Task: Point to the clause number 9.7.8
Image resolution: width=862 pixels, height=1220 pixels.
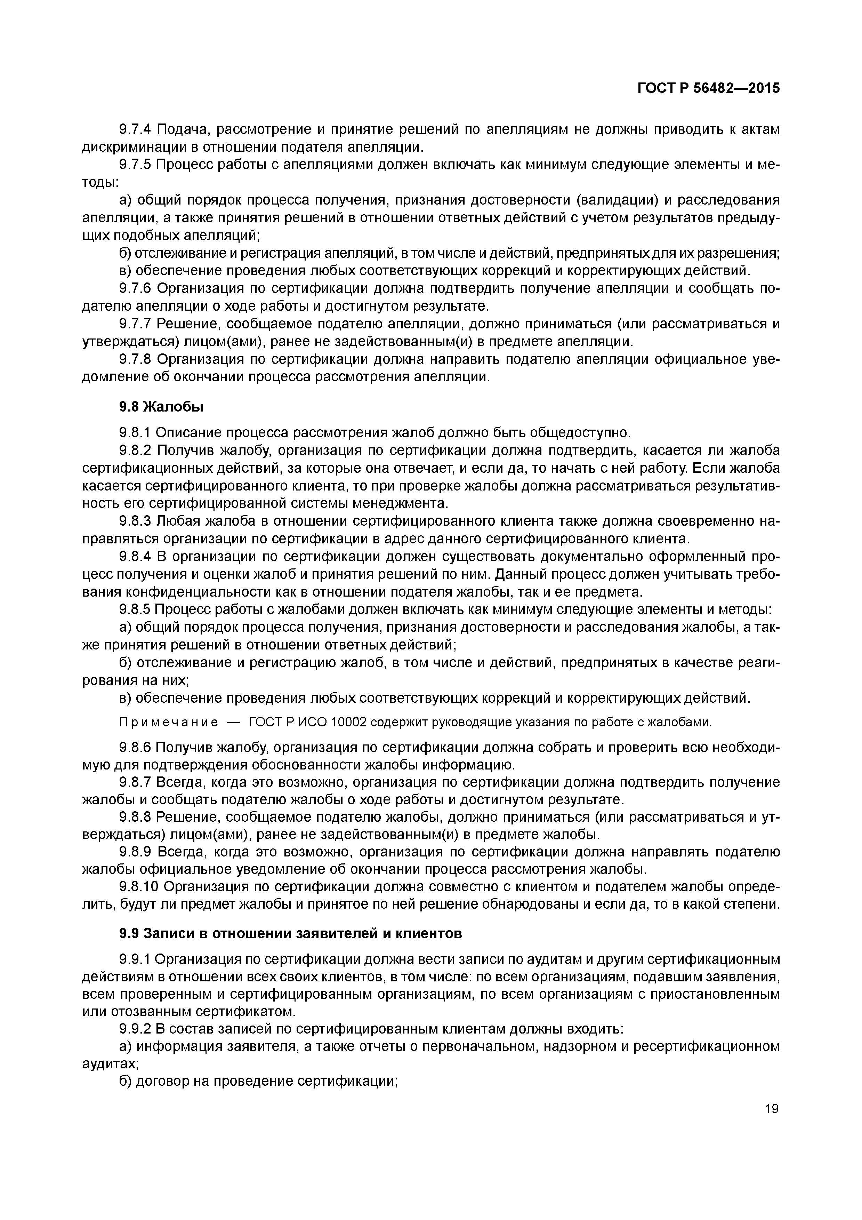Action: pyautogui.click(x=135, y=360)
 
